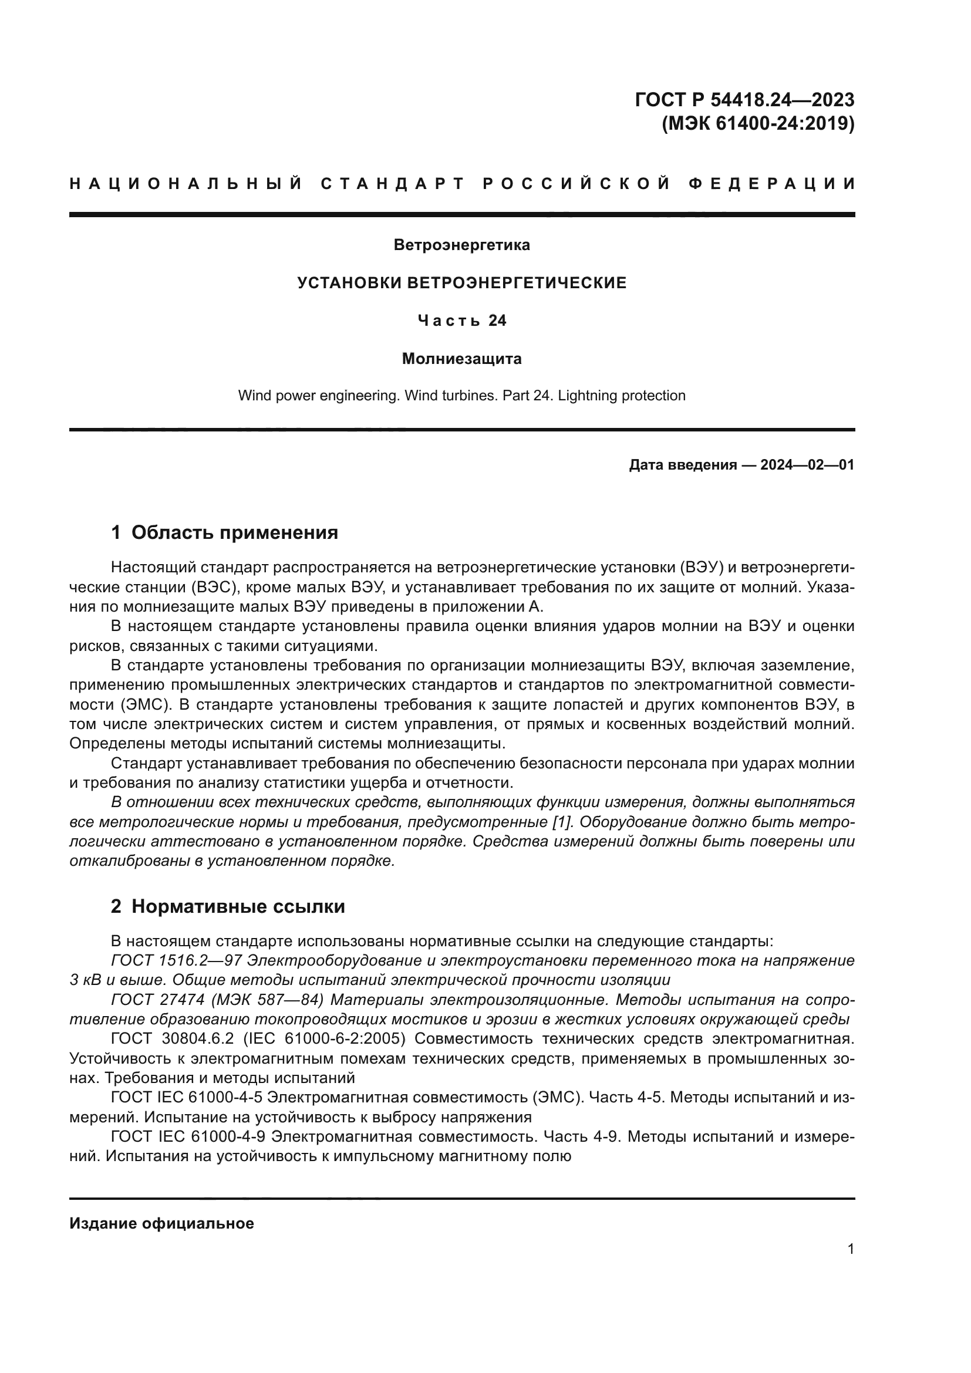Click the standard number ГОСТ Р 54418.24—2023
744,99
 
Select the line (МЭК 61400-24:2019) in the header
757,124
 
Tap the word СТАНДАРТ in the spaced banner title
393,184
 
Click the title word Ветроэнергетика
461,245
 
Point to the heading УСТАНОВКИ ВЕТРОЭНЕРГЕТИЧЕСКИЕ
461,283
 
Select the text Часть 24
461,321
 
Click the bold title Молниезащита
461,359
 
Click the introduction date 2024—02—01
807,465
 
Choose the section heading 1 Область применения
225,532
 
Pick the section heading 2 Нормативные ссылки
228,906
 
